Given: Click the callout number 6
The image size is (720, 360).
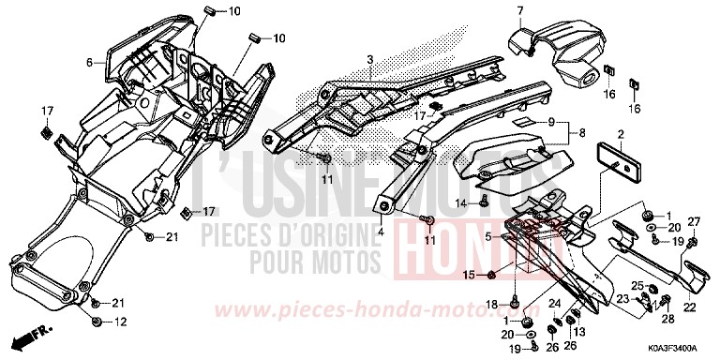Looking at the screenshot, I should (91, 63).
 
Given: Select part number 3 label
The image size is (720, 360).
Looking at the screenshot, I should (370, 60).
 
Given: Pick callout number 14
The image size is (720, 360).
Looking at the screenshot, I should (461, 202).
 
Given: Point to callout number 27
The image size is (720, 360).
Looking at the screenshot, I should (695, 221).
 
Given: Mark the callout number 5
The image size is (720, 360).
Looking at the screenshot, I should (487, 213).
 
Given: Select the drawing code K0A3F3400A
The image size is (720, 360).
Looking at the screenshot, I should (677, 346).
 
